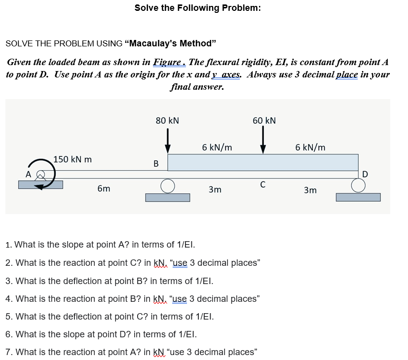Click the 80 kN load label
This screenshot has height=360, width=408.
167,120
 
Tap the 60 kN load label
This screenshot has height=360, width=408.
264,120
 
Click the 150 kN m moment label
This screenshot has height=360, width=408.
73,160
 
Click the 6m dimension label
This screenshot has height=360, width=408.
104,189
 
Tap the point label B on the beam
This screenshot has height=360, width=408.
156,164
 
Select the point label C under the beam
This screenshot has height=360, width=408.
263,184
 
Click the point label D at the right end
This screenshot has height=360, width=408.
365,174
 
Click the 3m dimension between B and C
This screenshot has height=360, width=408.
215,189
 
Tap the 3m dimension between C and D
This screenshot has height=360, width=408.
310,190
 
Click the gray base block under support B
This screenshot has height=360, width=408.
167,197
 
